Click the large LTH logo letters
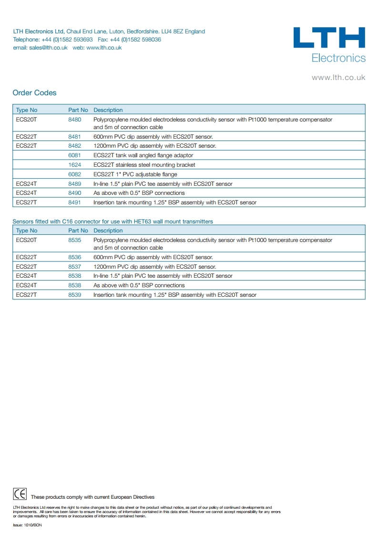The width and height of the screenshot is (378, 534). point(329,38)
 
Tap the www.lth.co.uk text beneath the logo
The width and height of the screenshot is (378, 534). point(338,77)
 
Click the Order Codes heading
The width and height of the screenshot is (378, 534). point(34,93)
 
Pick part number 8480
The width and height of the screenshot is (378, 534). point(75,120)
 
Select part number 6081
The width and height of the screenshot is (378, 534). point(75,155)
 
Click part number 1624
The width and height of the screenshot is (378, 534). point(75,165)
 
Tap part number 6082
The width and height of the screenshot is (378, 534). point(75,174)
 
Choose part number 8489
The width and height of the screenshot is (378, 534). point(75,184)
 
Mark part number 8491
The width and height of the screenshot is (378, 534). point(75,202)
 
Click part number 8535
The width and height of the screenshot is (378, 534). point(75,240)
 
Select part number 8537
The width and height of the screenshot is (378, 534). point(75,267)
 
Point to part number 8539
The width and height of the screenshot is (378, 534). point(75,295)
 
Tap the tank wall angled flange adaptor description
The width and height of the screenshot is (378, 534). point(143,155)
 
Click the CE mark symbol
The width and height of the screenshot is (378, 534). point(20,494)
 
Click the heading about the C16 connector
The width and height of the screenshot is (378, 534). point(112,222)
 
